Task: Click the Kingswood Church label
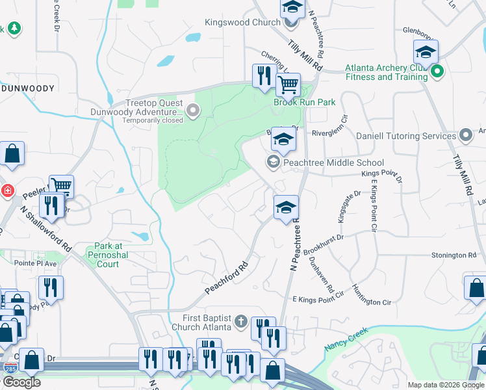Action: click(242, 21)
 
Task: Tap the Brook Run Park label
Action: click(304, 102)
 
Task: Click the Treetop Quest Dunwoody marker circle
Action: click(192, 112)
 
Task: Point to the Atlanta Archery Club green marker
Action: click(437, 71)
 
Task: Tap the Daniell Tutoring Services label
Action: click(406, 136)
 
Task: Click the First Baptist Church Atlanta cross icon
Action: click(240, 321)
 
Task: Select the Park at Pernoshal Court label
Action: click(107, 255)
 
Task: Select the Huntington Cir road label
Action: click(371, 294)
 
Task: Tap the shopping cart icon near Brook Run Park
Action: click(288, 84)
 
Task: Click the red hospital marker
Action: click(7, 191)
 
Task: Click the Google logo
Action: click(21, 382)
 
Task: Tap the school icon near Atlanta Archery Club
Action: click(426, 52)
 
